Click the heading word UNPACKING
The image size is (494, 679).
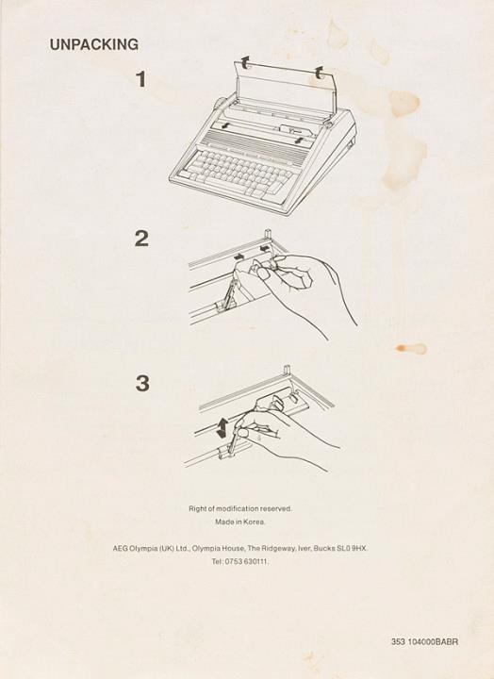[x=94, y=44]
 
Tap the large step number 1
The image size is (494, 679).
[x=141, y=79]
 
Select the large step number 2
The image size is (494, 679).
[x=141, y=239]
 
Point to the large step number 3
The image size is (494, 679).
[x=142, y=384]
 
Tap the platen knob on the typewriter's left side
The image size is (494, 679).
[x=221, y=106]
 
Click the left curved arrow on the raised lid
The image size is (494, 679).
[x=245, y=62]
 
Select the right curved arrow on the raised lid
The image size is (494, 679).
[x=319, y=73]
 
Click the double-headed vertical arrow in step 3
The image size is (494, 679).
[x=222, y=427]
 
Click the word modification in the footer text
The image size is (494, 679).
[x=238, y=509]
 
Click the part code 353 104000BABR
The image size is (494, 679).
[x=424, y=642]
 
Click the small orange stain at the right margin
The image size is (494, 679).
[x=411, y=348]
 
